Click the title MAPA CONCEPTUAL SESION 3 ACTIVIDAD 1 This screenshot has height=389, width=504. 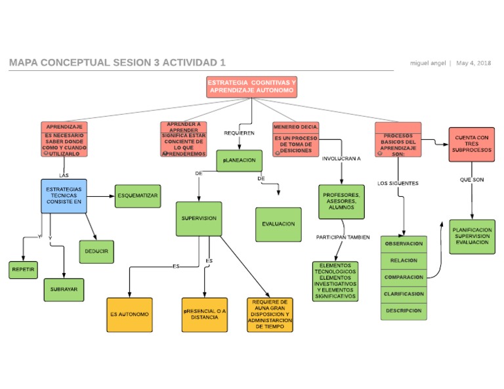[117, 63]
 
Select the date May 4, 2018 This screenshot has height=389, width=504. [473, 64]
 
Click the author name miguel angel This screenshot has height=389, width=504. [428, 64]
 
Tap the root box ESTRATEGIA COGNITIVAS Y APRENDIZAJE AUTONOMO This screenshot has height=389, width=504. [251, 87]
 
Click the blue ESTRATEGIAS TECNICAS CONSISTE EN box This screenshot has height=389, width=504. [64, 195]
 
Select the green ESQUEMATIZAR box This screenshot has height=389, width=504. [138, 196]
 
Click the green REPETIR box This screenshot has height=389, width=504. [24, 270]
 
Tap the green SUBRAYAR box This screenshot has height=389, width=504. [64, 289]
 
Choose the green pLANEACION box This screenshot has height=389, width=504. [239, 161]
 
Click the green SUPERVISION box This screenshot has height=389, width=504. [199, 219]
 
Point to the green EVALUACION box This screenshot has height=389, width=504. [278, 224]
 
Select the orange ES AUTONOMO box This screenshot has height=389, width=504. [129, 314]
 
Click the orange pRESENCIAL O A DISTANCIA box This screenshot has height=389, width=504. [205, 314]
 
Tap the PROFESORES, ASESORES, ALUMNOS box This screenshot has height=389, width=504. [341, 201]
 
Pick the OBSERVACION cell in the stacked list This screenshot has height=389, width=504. [404, 243]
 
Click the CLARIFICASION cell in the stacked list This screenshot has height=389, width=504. [404, 294]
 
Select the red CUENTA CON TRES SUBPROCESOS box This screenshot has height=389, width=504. [471, 144]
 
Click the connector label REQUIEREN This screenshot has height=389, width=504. [239, 133]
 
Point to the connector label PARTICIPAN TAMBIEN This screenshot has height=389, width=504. [343, 237]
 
